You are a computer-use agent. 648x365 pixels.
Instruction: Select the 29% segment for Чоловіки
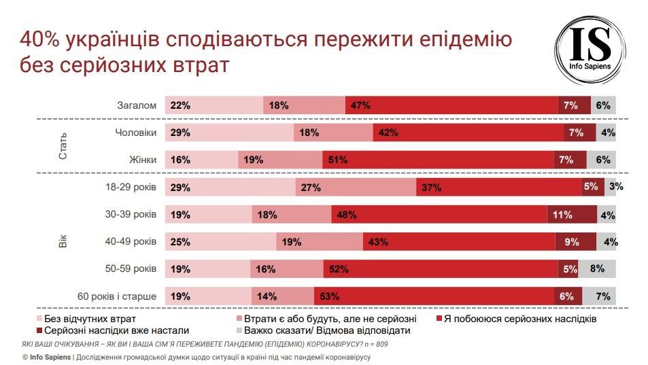(229, 133)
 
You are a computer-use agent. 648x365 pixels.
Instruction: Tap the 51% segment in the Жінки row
(438, 160)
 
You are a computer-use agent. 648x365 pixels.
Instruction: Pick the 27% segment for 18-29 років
(356, 188)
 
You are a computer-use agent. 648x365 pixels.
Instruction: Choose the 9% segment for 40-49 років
(575, 242)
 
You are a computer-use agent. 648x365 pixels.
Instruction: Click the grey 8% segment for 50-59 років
(597, 269)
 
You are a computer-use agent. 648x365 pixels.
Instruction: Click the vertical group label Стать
(63, 146)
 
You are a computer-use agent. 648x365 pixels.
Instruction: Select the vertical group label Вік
(63, 242)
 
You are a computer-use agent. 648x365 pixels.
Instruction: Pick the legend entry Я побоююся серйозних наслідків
(521, 318)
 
